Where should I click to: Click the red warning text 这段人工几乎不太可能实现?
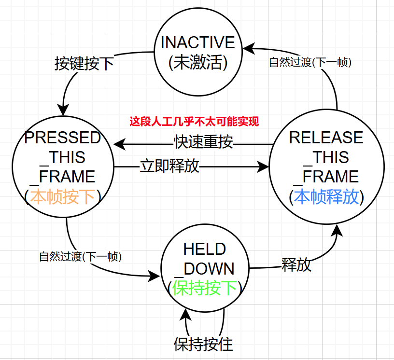coord(194,122)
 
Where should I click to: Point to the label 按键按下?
coord(84,63)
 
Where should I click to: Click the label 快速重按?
coord(203,142)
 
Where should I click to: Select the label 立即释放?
coord(169,166)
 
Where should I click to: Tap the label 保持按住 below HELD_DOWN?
coord(203,345)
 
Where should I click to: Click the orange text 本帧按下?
coord(63,197)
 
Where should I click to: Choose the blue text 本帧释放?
coord(326,197)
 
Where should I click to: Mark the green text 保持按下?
coord(205,288)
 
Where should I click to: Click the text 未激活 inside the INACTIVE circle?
coord(198,62)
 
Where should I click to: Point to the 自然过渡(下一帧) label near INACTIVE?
coord(310,62)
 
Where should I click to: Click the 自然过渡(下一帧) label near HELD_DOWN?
coord(81,257)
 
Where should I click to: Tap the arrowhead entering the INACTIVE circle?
coord(249,48)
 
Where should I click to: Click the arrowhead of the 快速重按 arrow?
coord(119,144)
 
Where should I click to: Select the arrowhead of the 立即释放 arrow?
coord(263,166)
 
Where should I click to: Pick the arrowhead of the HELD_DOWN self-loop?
coord(185,315)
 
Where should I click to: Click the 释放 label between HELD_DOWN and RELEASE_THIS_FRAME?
coord(296,265)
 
